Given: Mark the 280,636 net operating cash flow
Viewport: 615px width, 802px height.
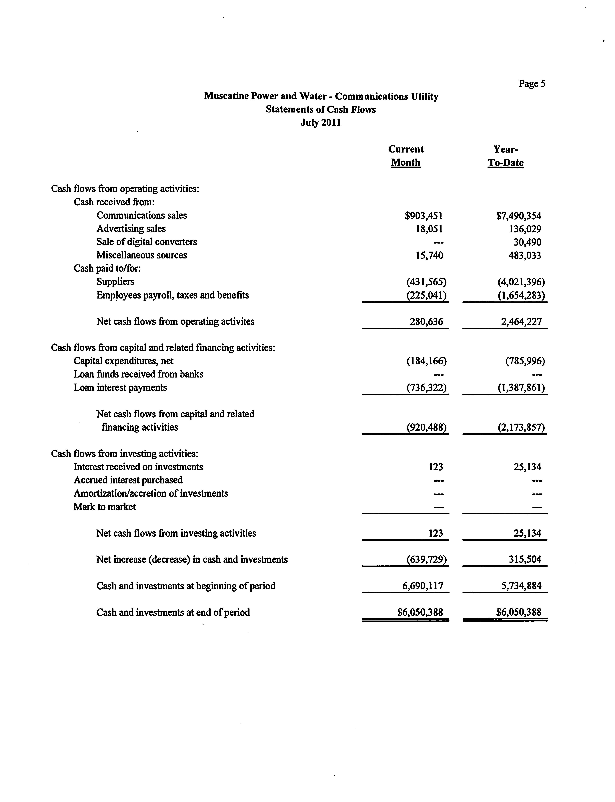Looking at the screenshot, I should pyautogui.click(x=426, y=322).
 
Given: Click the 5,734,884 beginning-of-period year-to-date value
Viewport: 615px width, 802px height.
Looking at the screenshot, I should pyautogui.click(x=521, y=586).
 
